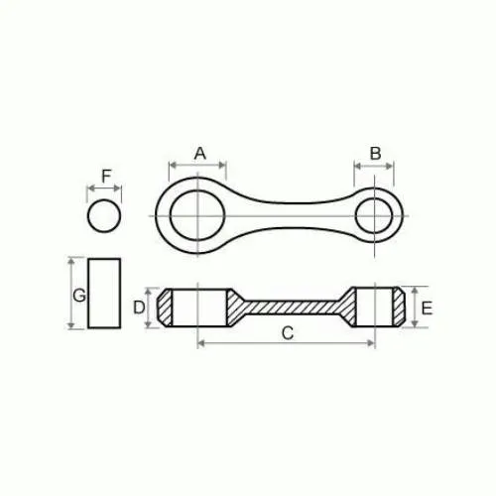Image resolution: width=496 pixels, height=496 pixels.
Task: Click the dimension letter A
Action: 200,154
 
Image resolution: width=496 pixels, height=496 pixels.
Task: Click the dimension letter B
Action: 375,154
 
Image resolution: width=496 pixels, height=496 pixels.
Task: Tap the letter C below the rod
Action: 288,333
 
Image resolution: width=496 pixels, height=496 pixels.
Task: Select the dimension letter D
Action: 139,308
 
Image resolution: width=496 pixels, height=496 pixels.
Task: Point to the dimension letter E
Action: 427,309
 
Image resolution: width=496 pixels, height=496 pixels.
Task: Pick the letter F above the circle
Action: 106,176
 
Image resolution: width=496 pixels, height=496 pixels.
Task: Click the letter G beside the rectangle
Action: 79,296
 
